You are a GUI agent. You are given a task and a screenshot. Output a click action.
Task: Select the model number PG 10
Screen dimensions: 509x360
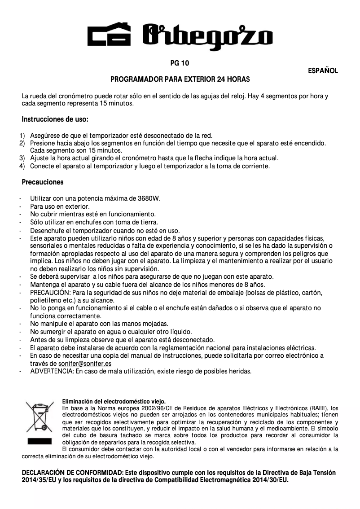(180, 63)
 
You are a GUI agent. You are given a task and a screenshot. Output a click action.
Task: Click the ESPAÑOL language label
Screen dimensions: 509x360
(323, 71)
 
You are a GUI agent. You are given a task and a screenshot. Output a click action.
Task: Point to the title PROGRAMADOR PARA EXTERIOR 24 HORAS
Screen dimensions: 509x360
(180, 79)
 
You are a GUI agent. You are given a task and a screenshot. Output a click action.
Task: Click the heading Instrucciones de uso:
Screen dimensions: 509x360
(55, 120)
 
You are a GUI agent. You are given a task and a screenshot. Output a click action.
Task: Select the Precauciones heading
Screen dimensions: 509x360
(43, 182)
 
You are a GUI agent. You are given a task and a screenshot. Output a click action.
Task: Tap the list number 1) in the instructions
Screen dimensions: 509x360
(22, 136)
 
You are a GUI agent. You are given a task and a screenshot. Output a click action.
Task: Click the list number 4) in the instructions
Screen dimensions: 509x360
(22, 166)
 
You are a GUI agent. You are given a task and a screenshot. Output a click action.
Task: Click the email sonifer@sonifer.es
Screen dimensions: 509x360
(85, 363)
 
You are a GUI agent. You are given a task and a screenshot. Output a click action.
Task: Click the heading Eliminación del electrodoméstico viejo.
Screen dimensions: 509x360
(114, 401)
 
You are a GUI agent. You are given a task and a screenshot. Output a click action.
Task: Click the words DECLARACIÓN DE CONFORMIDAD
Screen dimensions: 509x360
(72, 473)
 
